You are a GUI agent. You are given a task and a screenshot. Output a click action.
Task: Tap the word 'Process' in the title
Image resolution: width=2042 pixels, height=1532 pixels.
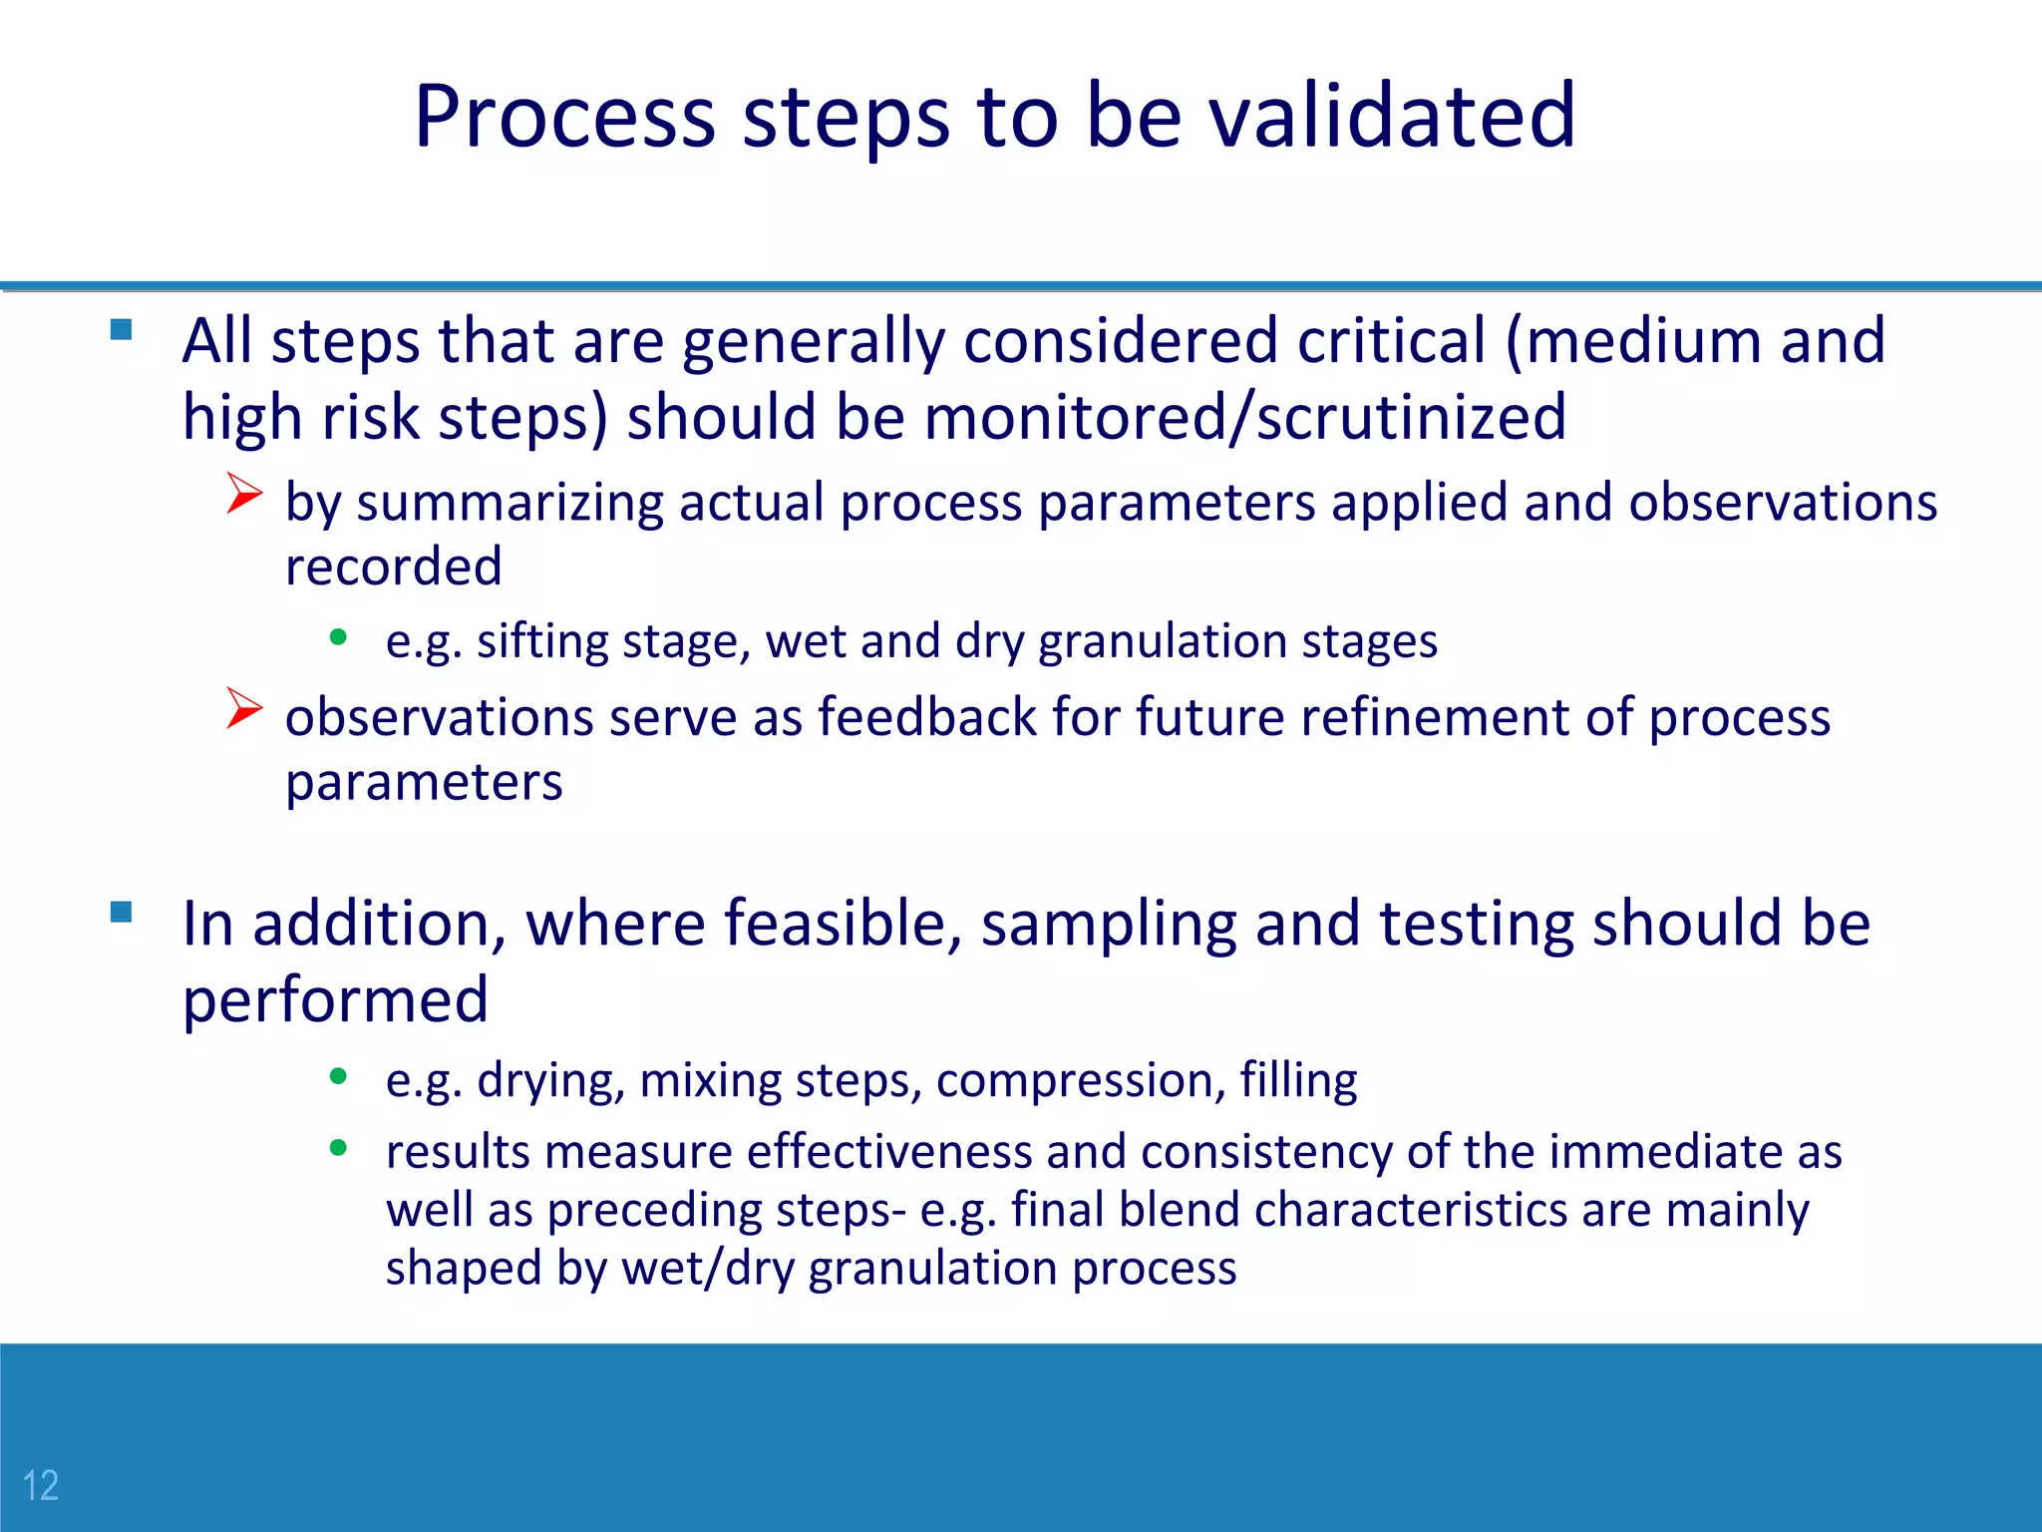[564, 117]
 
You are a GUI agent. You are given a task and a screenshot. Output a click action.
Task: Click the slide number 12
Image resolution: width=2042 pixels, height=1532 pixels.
[41, 1485]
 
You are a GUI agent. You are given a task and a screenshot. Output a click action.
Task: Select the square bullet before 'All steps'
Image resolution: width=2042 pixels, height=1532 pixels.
[122, 330]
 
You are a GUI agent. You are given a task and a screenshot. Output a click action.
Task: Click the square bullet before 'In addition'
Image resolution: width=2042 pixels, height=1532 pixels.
[122, 912]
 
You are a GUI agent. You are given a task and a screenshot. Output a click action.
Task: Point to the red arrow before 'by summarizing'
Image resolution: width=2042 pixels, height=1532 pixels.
[243, 494]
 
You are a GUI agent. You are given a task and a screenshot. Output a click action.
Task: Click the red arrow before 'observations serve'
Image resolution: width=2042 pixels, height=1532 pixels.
[243, 708]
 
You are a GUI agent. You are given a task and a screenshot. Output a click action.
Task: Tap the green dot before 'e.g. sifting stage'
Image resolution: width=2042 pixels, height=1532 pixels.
[338, 637]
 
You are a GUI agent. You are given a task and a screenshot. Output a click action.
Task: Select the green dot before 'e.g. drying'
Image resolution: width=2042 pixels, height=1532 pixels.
[338, 1076]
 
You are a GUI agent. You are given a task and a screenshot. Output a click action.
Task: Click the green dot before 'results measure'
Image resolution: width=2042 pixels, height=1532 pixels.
[338, 1148]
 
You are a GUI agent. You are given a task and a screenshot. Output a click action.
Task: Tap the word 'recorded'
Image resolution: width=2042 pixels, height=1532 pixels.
[393, 567]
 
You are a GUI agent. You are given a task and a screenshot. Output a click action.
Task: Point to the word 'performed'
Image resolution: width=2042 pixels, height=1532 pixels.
[335, 1000]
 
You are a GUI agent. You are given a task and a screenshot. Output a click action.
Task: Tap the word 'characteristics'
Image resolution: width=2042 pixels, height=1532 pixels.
[1410, 1210]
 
